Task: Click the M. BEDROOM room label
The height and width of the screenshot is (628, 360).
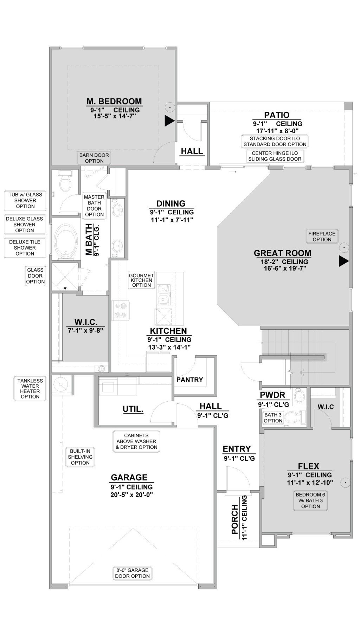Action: click(x=114, y=101)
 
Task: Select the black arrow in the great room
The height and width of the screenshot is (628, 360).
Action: click(x=343, y=261)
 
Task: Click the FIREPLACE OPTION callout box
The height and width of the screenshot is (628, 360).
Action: click(x=322, y=237)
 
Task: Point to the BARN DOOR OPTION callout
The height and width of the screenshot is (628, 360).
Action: click(x=94, y=158)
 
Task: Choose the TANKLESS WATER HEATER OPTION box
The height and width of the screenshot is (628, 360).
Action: click(x=30, y=388)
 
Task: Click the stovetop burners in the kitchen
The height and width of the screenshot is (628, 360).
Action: click(x=121, y=310)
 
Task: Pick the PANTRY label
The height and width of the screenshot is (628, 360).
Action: click(x=190, y=380)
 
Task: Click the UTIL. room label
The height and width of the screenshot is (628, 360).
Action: click(x=133, y=409)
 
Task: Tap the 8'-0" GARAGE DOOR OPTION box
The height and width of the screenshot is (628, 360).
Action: click(x=133, y=573)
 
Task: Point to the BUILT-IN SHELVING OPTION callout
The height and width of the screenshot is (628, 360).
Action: click(x=80, y=457)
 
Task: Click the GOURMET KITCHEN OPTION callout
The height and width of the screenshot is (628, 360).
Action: click(x=141, y=280)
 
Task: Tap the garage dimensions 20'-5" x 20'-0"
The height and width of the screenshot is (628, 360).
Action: click(x=131, y=495)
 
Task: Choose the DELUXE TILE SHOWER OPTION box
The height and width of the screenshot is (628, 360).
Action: click(x=25, y=248)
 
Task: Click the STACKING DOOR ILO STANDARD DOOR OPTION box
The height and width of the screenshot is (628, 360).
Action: click(x=275, y=141)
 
